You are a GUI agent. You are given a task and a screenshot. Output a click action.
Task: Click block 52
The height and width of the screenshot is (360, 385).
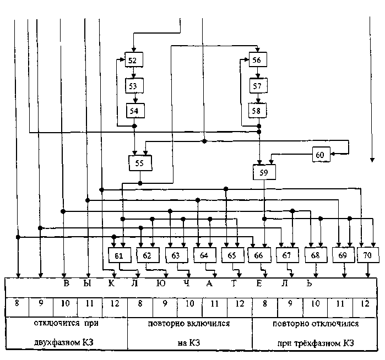(x=132, y=60)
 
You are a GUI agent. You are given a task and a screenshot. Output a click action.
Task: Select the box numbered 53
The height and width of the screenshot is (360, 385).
(x=132, y=86)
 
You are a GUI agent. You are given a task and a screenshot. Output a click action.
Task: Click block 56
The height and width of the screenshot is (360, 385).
(x=257, y=60)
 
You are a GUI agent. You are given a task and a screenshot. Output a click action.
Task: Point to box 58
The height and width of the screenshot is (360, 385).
(x=257, y=111)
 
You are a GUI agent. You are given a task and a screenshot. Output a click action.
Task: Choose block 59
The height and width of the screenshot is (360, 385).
(x=264, y=173)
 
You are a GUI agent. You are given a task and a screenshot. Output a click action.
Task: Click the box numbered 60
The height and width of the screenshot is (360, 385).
(x=320, y=155)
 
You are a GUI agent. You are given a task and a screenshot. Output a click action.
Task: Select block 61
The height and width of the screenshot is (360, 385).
(x=118, y=255)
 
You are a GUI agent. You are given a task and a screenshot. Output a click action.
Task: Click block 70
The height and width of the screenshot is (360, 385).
(x=367, y=255)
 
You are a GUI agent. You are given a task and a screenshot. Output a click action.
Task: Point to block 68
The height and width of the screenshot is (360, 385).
(x=315, y=255)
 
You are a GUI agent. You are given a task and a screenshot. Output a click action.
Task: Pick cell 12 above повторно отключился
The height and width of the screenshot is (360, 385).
(x=364, y=304)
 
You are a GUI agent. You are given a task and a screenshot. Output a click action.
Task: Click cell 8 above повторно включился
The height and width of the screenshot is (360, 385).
(x=140, y=304)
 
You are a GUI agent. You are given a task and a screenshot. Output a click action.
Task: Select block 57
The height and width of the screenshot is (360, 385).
(x=257, y=86)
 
